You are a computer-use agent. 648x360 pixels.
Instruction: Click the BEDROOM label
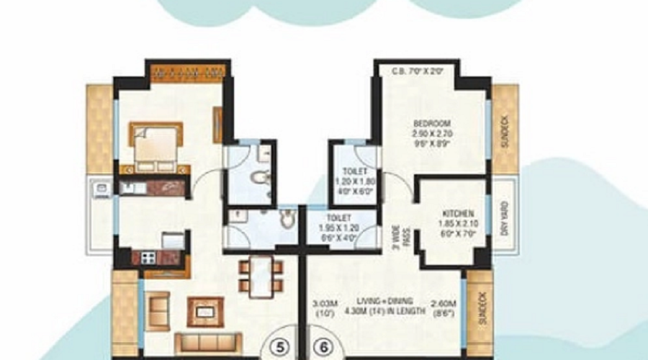click(x=431, y=123)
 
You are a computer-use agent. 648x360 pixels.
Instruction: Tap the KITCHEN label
click(x=458, y=214)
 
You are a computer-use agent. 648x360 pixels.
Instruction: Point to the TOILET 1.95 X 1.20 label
click(x=338, y=217)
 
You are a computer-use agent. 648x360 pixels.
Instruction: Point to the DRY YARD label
click(x=505, y=218)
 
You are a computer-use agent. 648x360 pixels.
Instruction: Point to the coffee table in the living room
click(x=206, y=311)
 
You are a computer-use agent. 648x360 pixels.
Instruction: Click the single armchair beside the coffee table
click(x=158, y=310)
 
